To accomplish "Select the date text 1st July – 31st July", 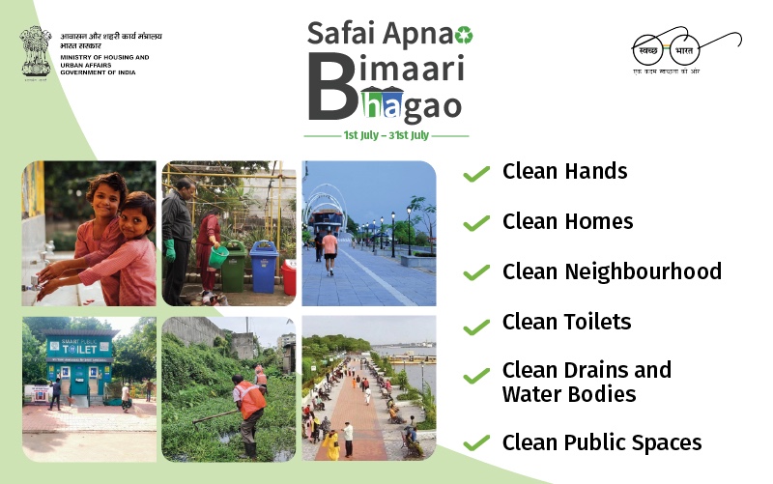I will pos(386,135).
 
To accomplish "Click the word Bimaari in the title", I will pos(386,71).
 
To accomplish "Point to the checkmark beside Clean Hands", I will pos(475,174).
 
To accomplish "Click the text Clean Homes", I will pos(567,221).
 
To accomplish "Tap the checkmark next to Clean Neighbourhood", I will pos(475,273).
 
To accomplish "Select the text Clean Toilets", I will pos(566,322).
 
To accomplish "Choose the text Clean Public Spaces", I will pos(602,442).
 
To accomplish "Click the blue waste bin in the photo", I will pos(264,266).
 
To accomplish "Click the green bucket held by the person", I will pos(218,256).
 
